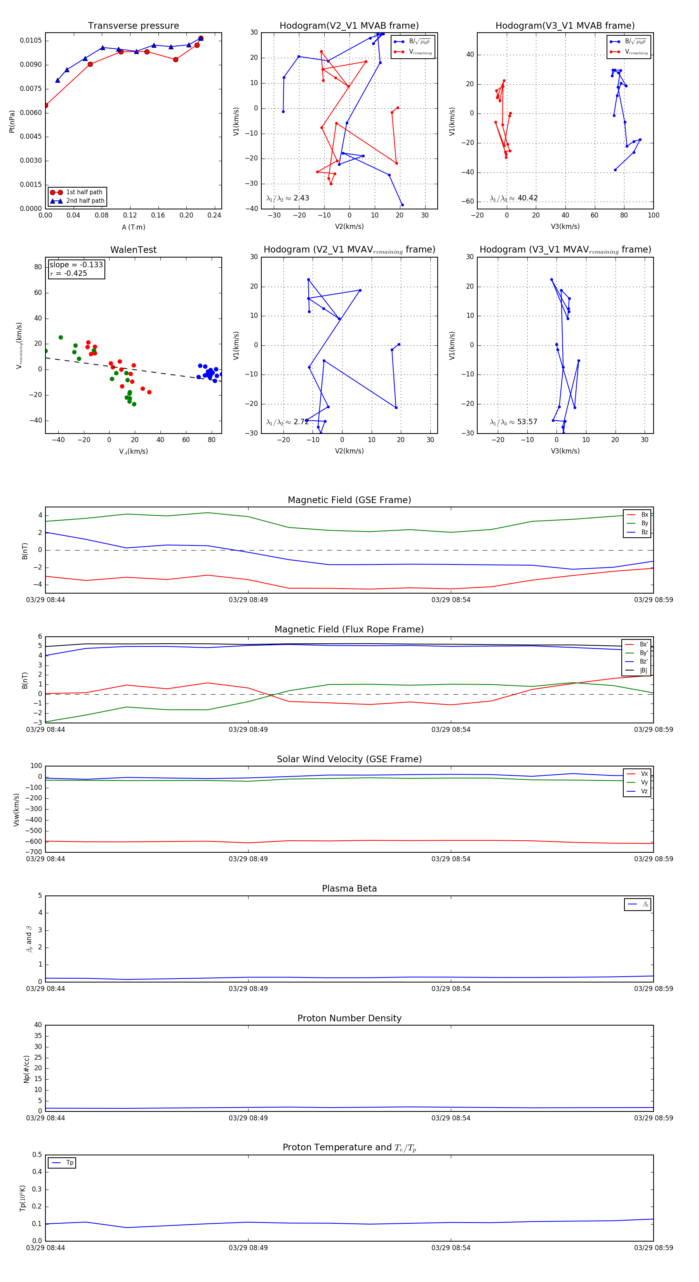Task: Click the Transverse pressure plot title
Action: click(133, 26)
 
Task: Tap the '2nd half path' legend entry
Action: click(85, 201)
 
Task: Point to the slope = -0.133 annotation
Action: click(76, 265)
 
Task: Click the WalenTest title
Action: click(133, 250)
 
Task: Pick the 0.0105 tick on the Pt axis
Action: click(31, 40)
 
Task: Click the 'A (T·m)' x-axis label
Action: click(133, 227)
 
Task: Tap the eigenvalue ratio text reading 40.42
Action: click(527, 198)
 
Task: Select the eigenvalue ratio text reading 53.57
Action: click(527, 422)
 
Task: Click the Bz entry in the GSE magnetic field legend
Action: click(644, 532)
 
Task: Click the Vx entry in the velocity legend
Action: click(644, 774)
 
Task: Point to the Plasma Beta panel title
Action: click(349, 889)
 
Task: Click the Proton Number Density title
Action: click(349, 1018)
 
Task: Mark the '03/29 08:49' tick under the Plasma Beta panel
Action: click(248, 988)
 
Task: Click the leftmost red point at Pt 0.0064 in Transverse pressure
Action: click(46, 106)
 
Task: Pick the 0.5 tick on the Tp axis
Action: click(37, 1155)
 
